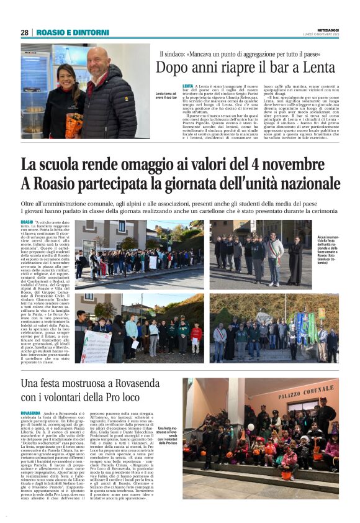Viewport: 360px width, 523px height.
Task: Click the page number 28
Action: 24,32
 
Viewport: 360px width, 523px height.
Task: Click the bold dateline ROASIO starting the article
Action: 27,222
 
